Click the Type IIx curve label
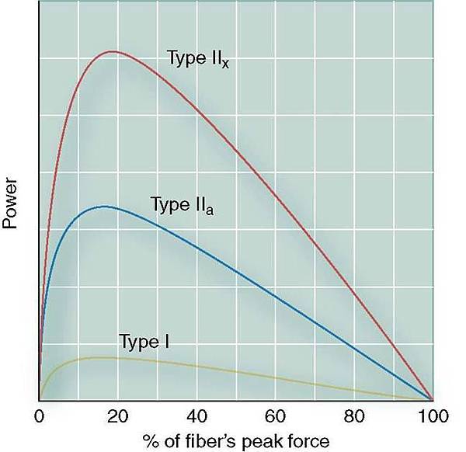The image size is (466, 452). tap(198, 58)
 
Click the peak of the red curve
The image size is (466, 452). tap(113, 52)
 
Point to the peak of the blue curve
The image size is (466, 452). tap(103, 207)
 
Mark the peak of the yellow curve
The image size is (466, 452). tap(97, 357)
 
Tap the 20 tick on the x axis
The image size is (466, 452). tap(117, 415)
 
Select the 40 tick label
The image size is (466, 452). tap(196, 415)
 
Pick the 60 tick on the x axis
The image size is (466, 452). tap(275, 415)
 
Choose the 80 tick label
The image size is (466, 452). tap(353, 415)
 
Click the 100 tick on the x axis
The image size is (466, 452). tap(432, 415)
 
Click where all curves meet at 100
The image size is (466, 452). tap(432, 398)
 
